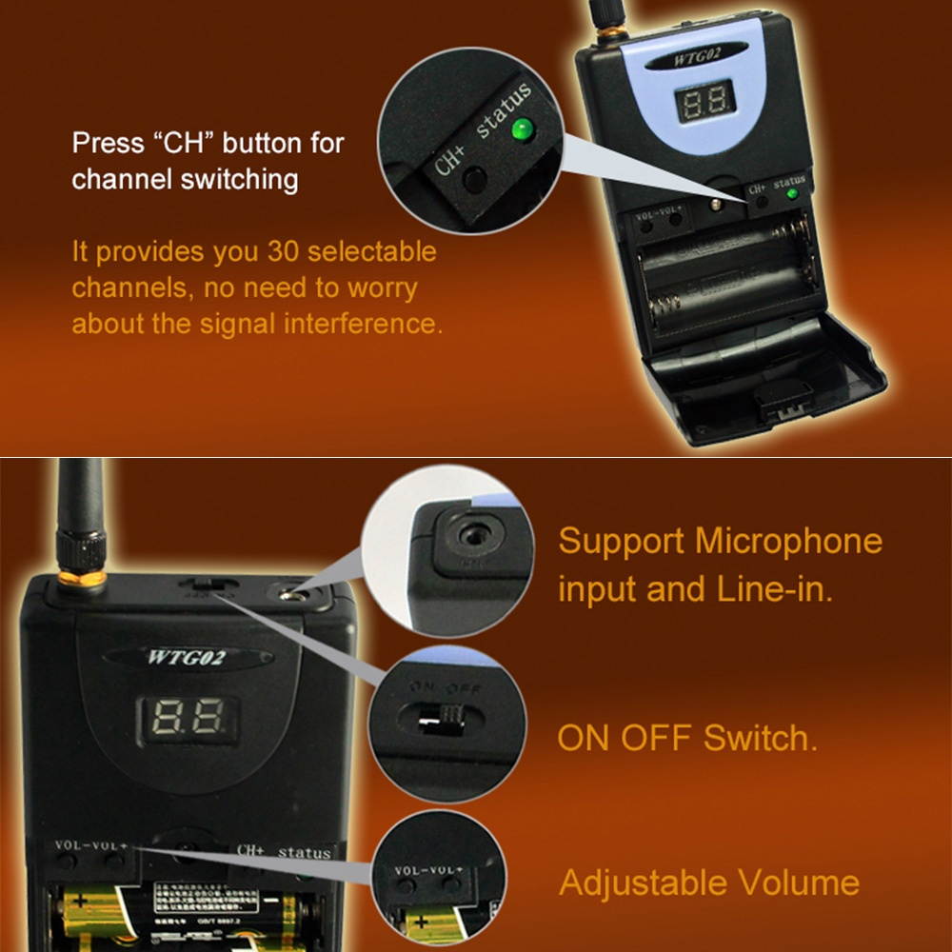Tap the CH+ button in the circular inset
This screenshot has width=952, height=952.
click(x=474, y=178)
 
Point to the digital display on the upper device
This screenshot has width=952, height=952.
click(x=704, y=99)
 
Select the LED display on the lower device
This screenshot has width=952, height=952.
click(x=187, y=720)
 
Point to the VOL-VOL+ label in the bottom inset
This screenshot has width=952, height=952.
click(x=426, y=870)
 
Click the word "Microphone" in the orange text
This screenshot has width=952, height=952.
click(x=789, y=541)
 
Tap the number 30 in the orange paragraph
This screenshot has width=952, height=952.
click(x=283, y=252)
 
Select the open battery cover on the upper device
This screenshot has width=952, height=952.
click(x=771, y=381)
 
